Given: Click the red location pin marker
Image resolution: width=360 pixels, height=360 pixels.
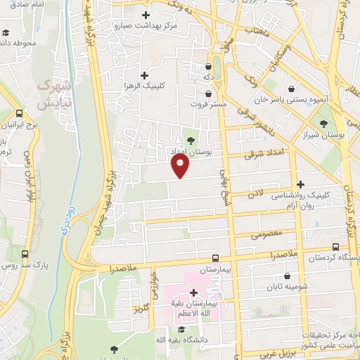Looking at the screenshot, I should pos(181,166).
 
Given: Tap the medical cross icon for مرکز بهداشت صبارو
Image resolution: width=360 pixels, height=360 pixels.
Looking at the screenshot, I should pos(146,15).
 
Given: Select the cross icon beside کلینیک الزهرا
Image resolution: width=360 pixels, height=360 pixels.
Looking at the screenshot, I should pos(145,75).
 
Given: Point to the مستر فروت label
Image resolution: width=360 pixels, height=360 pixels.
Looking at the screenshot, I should pos(210,104).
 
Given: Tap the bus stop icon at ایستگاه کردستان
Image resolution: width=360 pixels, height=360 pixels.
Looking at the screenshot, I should pos(336,247).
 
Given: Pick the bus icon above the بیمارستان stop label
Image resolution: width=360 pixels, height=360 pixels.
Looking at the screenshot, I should pos(215,257).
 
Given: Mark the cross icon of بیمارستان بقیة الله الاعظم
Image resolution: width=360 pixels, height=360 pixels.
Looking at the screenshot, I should pos(193,292).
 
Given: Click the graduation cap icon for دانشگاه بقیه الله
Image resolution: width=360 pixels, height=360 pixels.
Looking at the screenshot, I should pos(181,329).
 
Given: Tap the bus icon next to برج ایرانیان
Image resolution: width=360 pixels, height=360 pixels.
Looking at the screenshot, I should pos(20,113).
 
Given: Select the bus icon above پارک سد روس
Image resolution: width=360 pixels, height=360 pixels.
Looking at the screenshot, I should pos(25,255).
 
